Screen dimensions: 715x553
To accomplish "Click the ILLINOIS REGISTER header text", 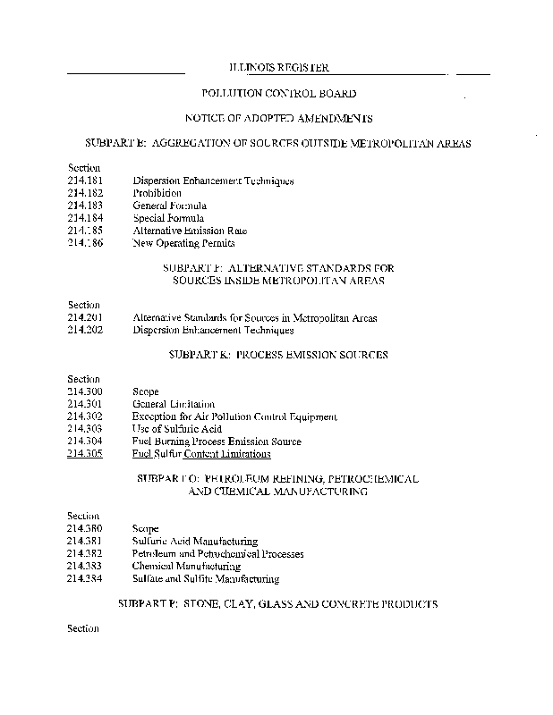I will [278, 68].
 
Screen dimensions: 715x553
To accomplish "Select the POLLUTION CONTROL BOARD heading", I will [278, 93].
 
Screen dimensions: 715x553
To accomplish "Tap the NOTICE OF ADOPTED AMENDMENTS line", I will [278, 118].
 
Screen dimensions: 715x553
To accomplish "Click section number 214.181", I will [85, 181].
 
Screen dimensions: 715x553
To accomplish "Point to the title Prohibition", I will [157, 193].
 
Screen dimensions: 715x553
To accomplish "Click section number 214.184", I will [85, 218].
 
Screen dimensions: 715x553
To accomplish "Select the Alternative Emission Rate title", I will [190, 231].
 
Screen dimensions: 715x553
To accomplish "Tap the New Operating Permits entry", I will [183, 243].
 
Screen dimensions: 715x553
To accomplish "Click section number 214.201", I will [85, 317].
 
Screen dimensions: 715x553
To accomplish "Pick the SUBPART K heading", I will [278, 355].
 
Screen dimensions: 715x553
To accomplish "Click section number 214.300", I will [85, 391].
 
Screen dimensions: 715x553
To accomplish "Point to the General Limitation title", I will [174, 404].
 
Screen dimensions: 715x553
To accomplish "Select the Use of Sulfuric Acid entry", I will [176, 429].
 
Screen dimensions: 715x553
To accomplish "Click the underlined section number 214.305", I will [85, 454].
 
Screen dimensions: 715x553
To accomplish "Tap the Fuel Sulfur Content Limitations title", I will [201, 454].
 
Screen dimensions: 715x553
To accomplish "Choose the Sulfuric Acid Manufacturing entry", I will [194, 541].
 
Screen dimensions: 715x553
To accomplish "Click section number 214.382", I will [85, 553].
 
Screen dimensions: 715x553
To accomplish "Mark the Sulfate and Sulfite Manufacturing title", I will [206, 578].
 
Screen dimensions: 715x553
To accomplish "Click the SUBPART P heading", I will [278, 604].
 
